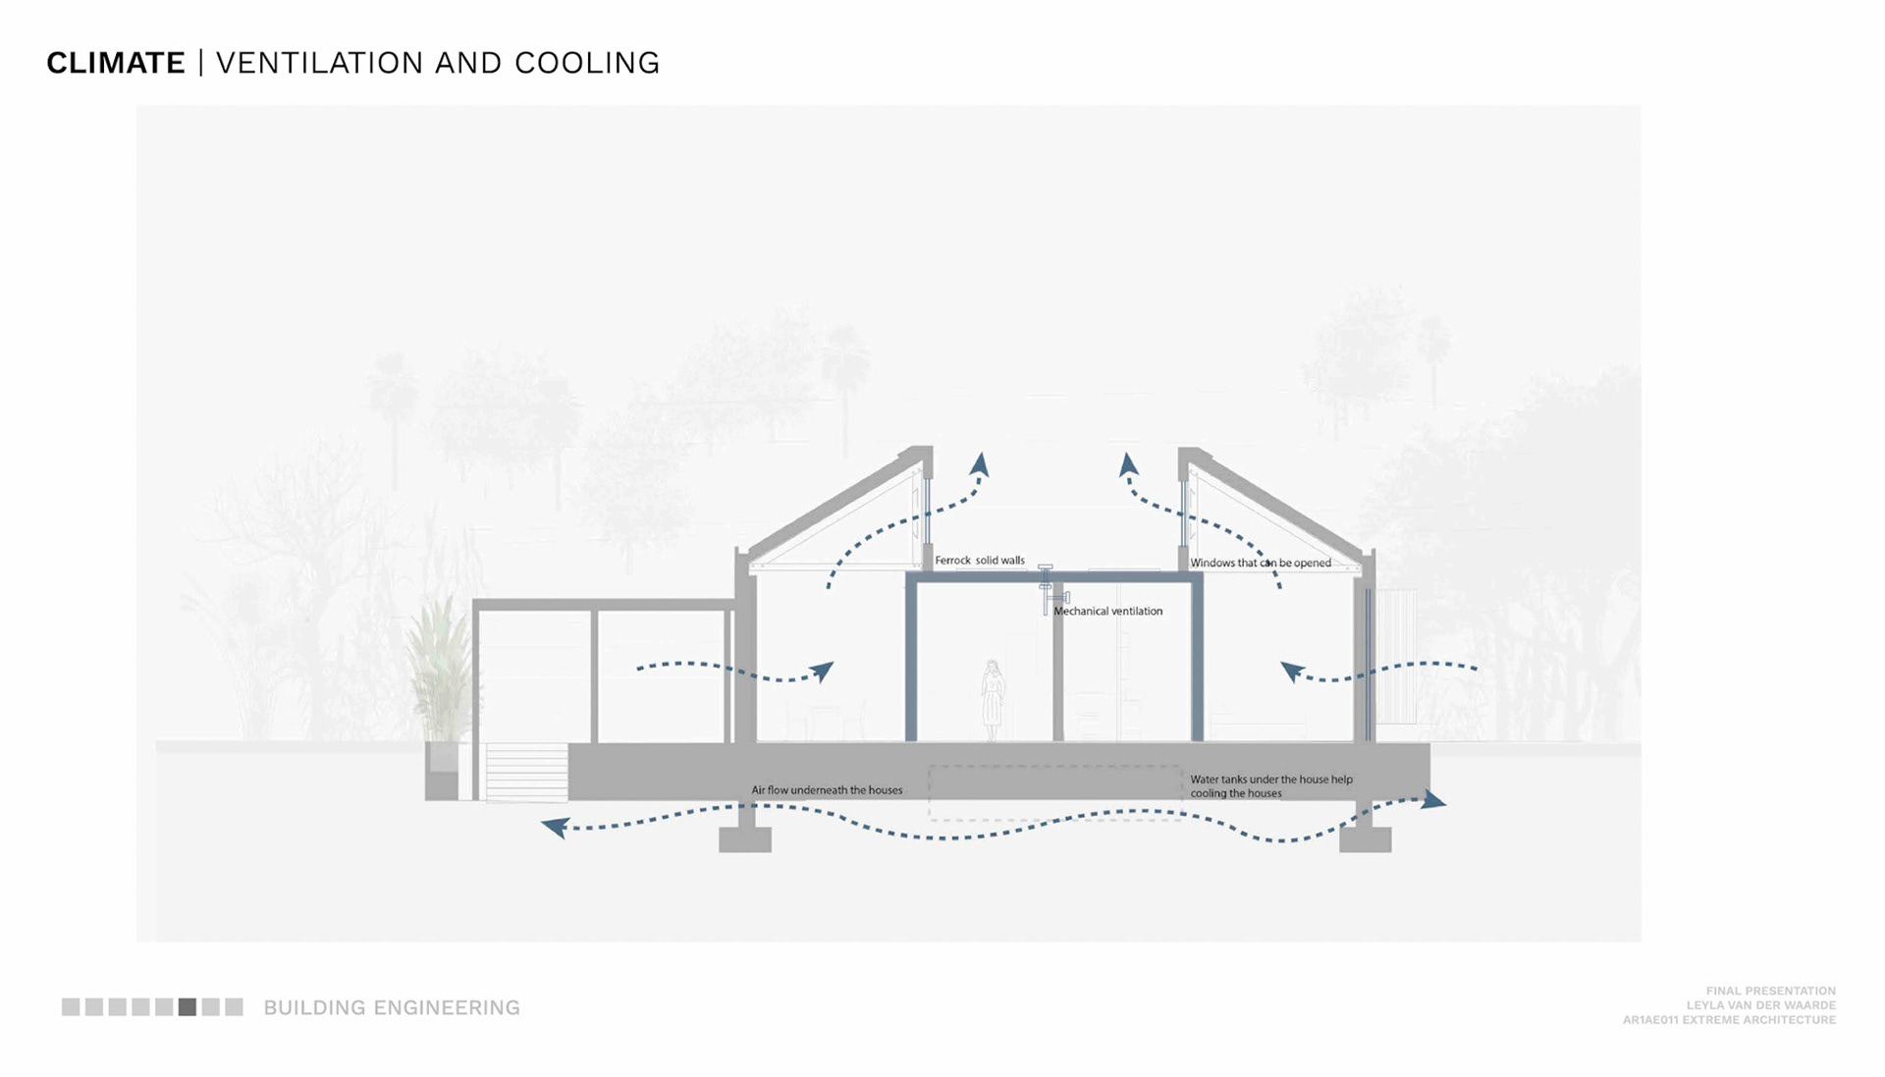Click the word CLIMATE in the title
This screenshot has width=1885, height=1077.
coord(116,63)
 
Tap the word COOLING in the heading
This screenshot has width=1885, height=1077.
coord(587,63)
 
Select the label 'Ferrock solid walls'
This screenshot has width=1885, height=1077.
coord(979,561)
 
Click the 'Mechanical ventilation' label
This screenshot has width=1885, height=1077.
coord(1107,611)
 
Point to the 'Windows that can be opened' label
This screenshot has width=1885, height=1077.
coord(1261,563)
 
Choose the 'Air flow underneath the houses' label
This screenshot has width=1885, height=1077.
coord(827,789)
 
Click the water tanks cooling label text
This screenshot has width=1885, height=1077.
coord(1270,785)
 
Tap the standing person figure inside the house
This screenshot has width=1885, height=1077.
coord(993,699)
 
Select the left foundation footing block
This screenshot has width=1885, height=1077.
coord(745,838)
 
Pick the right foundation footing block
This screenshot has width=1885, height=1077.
coord(1365,838)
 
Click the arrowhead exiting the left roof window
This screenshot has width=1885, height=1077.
coord(980,463)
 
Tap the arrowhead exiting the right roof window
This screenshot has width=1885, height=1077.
coord(1128,463)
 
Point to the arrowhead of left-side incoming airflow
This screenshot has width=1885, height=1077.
coord(823,672)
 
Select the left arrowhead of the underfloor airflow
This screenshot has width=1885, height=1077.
coord(555,828)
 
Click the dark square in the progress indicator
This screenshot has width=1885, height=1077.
coord(187,1007)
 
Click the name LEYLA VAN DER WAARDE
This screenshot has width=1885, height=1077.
coord(1760,1005)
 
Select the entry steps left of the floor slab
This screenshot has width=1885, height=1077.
coord(526,772)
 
